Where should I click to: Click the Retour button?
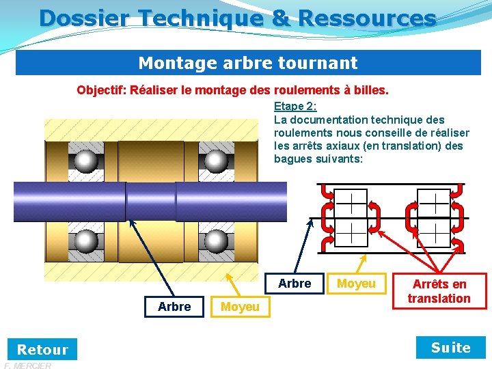[42, 349]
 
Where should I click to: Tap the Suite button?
[451, 348]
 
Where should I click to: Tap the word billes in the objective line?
[370, 90]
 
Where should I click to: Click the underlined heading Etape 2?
[295, 107]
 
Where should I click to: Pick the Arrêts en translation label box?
[439, 291]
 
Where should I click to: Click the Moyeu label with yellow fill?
[240, 307]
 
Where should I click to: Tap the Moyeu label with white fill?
[356, 283]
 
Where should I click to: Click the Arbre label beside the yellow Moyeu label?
[174, 307]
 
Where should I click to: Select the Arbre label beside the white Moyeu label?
[295, 283]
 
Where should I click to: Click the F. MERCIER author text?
[27, 366]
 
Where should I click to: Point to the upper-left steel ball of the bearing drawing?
[86, 161]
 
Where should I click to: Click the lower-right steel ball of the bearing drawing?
[216, 241]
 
